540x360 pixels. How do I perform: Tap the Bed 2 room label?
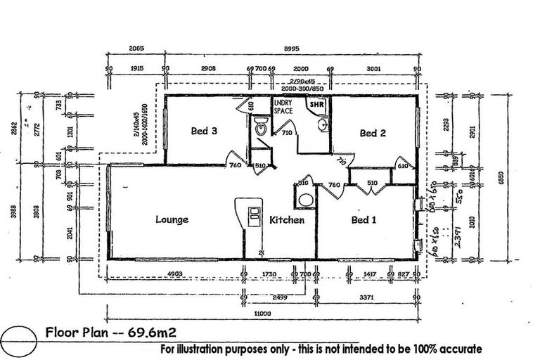(373, 133)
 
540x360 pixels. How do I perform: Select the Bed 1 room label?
(364, 220)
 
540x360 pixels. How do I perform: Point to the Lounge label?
(172, 220)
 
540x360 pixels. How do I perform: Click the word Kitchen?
(287, 220)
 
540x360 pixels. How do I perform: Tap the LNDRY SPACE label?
(284, 107)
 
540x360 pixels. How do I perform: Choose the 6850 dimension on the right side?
(501, 179)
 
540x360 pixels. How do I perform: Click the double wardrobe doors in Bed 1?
(366, 187)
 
